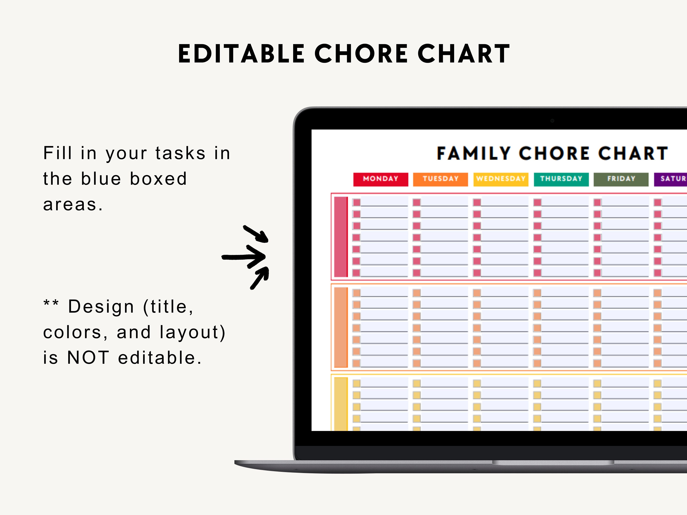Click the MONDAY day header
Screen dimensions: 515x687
click(x=380, y=179)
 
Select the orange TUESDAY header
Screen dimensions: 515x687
click(x=440, y=179)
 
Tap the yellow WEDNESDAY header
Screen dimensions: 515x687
click(x=501, y=179)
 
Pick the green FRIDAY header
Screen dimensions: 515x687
click(x=621, y=179)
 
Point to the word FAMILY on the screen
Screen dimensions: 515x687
click(x=474, y=153)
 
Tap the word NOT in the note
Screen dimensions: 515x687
click(x=88, y=358)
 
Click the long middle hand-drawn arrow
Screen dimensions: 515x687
click(x=244, y=256)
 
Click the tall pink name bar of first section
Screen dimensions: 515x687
click(x=341, y=236)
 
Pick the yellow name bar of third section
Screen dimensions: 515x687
click(x=341, y=404)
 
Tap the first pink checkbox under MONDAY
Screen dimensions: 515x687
click(x=357, y=202)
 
